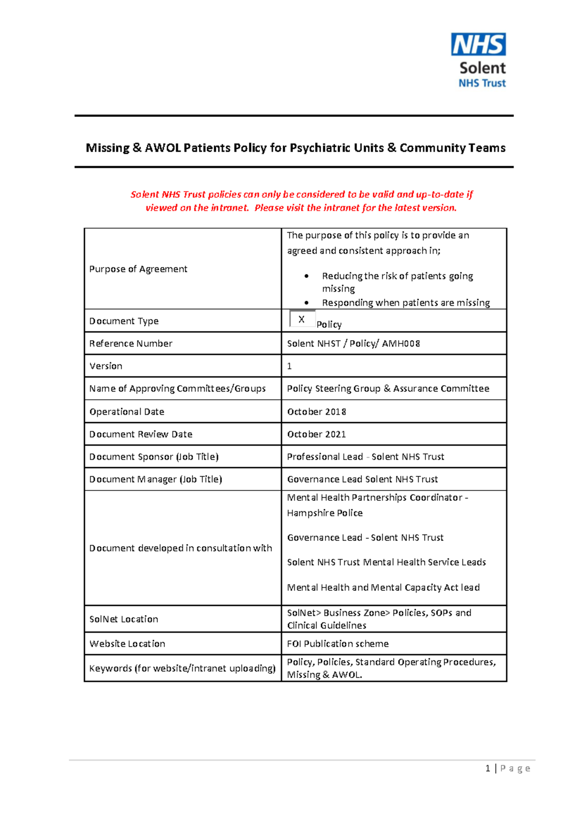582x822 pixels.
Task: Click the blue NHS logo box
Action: (478, 45)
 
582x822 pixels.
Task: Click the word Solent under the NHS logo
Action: (482, 68)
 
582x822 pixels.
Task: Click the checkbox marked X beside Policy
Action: (302, 319)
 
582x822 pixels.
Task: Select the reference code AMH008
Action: (401, 344)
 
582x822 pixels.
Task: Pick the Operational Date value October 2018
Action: (316, 412)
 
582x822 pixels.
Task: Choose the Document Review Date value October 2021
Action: (316, 435)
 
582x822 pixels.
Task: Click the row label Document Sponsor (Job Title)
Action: (154, 457)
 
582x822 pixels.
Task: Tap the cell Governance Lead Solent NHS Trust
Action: (362, 479)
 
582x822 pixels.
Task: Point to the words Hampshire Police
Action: (324, 513)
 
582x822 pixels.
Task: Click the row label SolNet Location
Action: (124, 619)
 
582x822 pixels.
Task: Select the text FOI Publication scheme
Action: (338, 644)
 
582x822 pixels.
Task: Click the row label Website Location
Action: (127, 644)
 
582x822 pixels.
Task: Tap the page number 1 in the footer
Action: (487, 768)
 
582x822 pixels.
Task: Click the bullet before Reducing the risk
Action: (307, 276)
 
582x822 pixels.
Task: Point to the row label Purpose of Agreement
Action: (138, 269)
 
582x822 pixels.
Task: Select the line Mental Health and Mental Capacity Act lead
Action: (383, 588)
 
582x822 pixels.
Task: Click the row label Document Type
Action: (124, 321)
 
